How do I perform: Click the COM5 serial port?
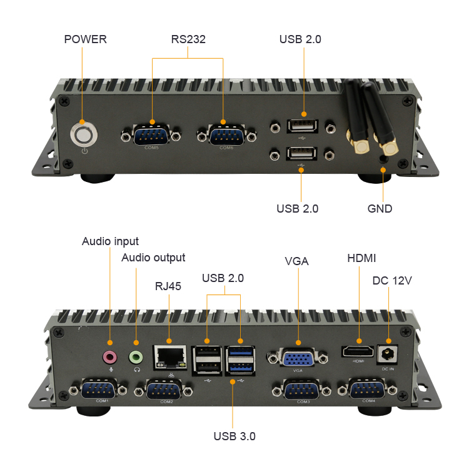point(153,134)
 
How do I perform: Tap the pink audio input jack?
point(110,357)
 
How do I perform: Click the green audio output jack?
point(136,357)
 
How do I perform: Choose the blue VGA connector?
point(297,359)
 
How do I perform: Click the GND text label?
point(380,209)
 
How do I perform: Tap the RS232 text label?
point(188,39)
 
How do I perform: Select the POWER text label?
point(86,39)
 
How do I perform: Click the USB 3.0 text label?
point(234,436)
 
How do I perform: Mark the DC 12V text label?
point(392,280)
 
